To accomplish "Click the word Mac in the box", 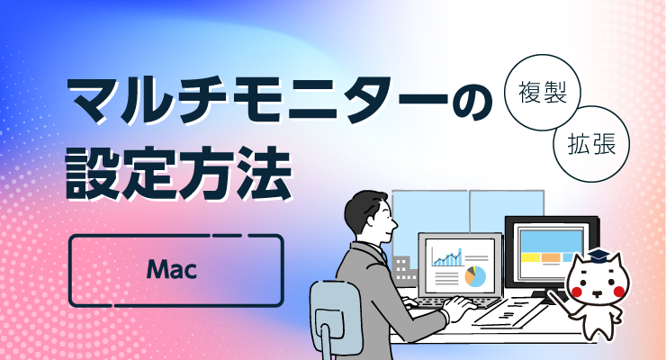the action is click(x=172, y=269).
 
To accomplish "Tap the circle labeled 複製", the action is click(x=543, y=92).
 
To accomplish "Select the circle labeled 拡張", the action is click(x=591, y=144).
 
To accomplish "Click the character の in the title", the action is click(x=472, y=103).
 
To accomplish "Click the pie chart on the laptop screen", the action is click(x=475, y=276).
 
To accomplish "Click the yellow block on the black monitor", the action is click(x=530, y=257).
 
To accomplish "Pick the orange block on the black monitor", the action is click(x=552, y=257).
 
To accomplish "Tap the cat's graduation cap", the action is click(x=597, y=255).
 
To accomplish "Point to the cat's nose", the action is click(x=598, y=292).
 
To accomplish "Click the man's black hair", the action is click(x=364, y=209).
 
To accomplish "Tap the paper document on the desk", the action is click(x=509, y=313).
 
